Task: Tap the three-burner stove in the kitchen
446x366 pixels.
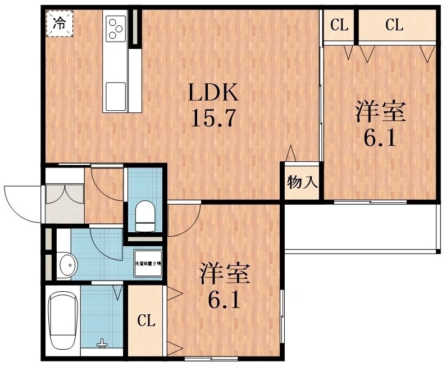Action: click(116, 28)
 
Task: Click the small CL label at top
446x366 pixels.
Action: click(339, 25)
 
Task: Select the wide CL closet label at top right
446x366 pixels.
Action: click(394, 25)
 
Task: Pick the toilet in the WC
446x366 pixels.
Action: click(145, 214)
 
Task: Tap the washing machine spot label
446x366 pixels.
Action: click(148, 263)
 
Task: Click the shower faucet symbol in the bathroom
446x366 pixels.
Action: click(102, 342)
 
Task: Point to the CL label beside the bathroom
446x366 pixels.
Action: click(146, 321)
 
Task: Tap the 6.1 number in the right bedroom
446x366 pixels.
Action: click(380, 137)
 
